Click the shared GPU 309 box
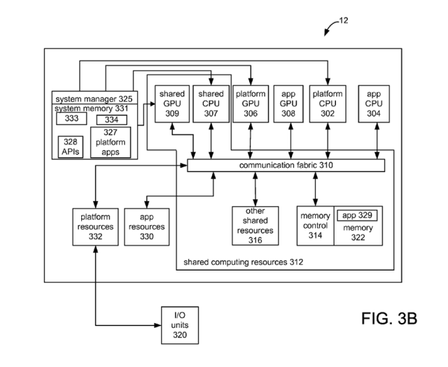click(x=172, y=104)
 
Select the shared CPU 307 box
click(x=211, y=104)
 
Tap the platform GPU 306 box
click(x=251, y=104)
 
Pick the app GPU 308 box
click(x=288, y=104)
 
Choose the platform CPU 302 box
click(x=328, y=104)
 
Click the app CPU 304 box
click(x=374, y=104)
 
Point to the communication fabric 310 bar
click(x=286, y=165)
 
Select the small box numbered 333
click(x=71, y=118)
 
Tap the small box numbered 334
click(x=112, y=120)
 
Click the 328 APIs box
click(x=70, y=147)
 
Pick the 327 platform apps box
click(x=111, y=142)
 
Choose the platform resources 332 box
click(x=95, y=227)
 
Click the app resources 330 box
click(x=146, y=227)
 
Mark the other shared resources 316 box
click(x=255, y=226)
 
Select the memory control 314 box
click(x=316, y=226)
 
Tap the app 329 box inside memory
click(x=357, y=215)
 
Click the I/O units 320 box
click(x=180, y=325)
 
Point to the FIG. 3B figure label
click(x=389, y=319)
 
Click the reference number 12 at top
click(x=344, y=20)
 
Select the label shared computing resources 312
click(x=243, y=262)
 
